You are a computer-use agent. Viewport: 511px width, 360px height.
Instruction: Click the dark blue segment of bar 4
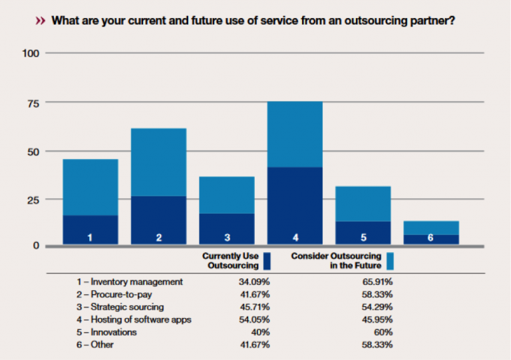(295, 200)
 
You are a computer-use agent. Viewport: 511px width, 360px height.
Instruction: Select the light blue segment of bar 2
(158, 162)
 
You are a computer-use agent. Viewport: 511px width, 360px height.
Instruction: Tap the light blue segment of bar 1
(90, 187)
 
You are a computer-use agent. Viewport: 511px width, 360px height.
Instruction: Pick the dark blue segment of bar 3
(227, 224)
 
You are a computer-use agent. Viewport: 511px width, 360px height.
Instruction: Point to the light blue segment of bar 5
(363, 204)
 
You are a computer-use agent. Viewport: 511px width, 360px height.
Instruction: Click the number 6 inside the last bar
(431, 238)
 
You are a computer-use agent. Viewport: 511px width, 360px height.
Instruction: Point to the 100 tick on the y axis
(31, 53)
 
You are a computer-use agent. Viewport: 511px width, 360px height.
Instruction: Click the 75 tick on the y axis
(33, 102)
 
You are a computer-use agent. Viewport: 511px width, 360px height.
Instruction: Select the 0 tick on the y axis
(37, 246)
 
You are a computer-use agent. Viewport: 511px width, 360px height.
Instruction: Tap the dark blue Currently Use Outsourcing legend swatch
(267, 260)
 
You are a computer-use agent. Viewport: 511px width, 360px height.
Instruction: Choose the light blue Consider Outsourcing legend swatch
(391, 260)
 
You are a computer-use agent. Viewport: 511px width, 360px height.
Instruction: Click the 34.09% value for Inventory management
(255, 281)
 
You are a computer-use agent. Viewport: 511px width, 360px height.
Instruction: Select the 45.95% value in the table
(379, 319)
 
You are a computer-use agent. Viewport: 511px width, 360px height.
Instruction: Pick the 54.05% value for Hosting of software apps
(255, 319)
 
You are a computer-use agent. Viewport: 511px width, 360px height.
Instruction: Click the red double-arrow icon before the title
(41, 21)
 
